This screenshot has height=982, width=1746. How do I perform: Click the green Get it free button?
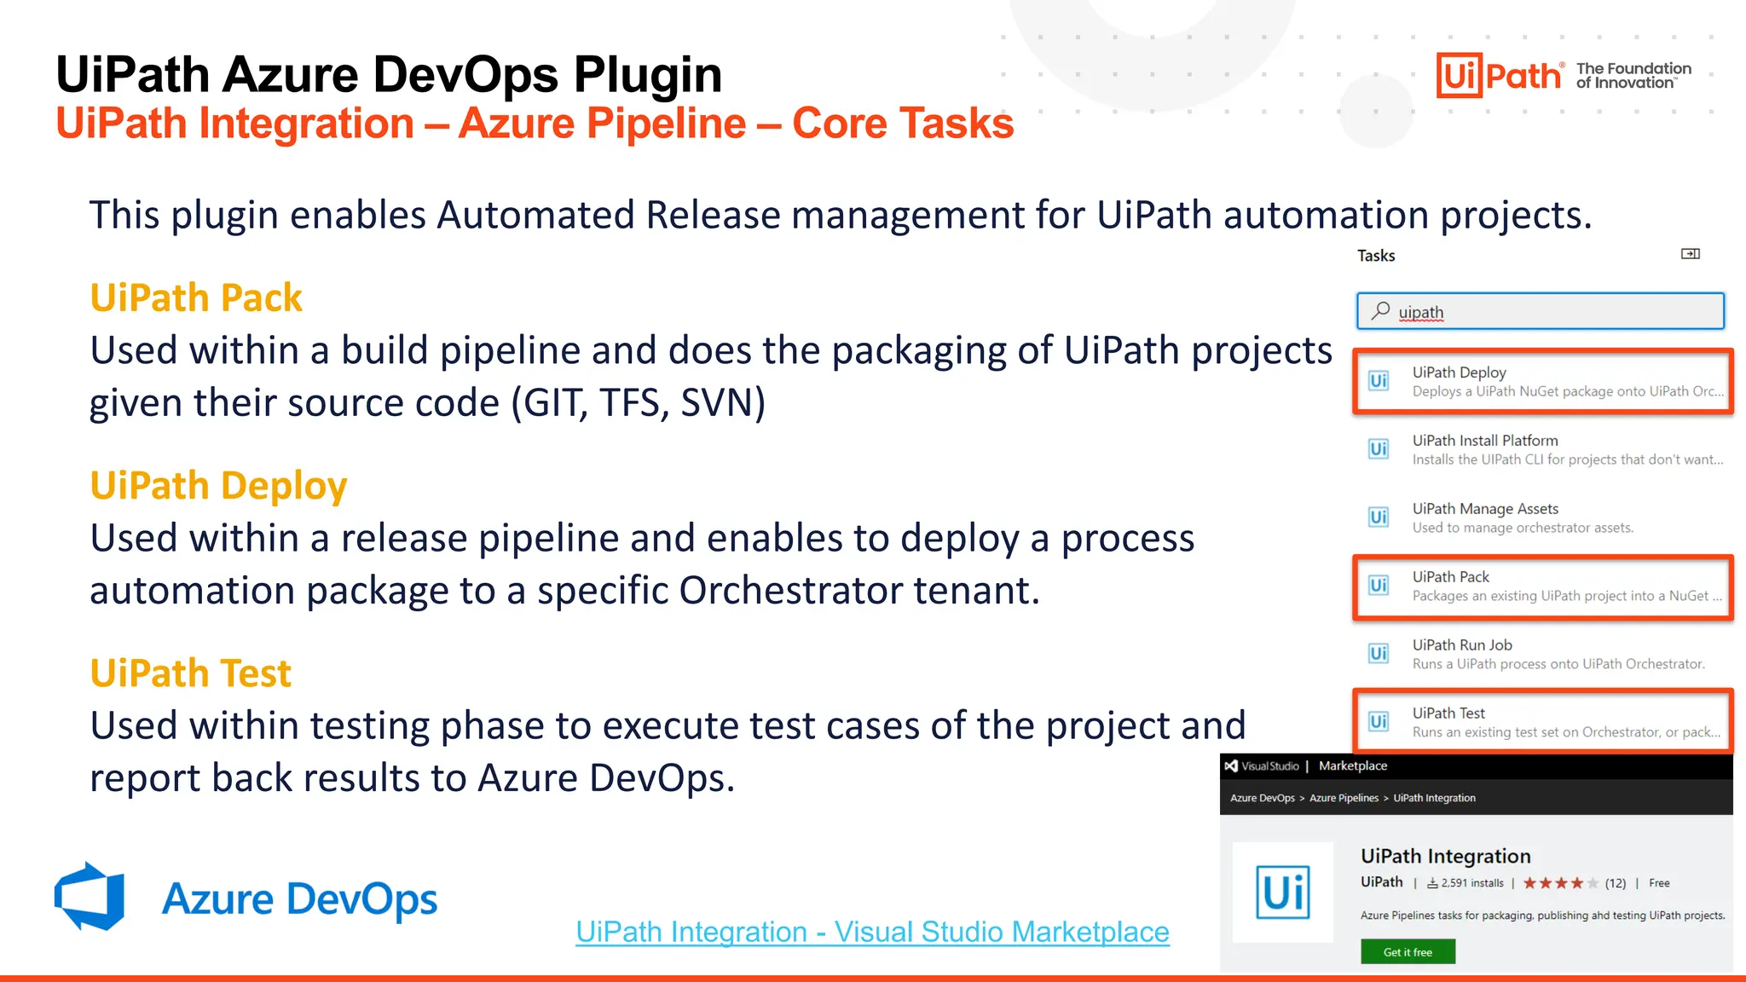pyautogui.click(x=1408, y=952)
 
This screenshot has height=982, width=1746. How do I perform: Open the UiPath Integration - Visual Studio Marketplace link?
pyautogui.click(x=872, y=932)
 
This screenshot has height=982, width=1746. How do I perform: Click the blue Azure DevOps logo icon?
pyautogui.click(x=90, y=897)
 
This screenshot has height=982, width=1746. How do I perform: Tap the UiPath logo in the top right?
pyautogui.click(x=1499, y=76)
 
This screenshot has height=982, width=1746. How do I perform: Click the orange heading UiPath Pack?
pyautogui.click(x=196, y=298)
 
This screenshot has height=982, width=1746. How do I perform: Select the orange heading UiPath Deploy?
pyautogui.click(x=218, y=486)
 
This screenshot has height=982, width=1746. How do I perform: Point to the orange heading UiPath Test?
pyautogui.click(x=190, y=673)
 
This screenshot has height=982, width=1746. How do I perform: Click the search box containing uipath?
pyautogui.click(x=1540, y=311)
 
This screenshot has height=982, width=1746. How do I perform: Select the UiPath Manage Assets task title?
pyautogui.click(x=1485, y=509)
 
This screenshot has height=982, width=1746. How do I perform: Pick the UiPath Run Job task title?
pyautogui.click(x=1462, y=645)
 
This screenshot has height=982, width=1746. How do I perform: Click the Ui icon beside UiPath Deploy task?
pyautogui.click(x=1379, y=381)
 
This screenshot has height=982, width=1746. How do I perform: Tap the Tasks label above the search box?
pyautogui.click(x=1376, y=256)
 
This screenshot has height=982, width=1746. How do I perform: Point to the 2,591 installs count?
pyautogui.click(x=1471, y=883)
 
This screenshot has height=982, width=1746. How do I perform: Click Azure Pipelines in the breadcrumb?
pyautogui.click(x=1344, y=798)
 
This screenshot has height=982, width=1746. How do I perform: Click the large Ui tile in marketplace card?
pyautogui.click(x=1282, y=892)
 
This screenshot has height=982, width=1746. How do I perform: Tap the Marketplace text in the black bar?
pyautogui.click(x=1352, y=765)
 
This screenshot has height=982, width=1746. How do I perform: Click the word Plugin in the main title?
pyautogui.click(x=647, y=74)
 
